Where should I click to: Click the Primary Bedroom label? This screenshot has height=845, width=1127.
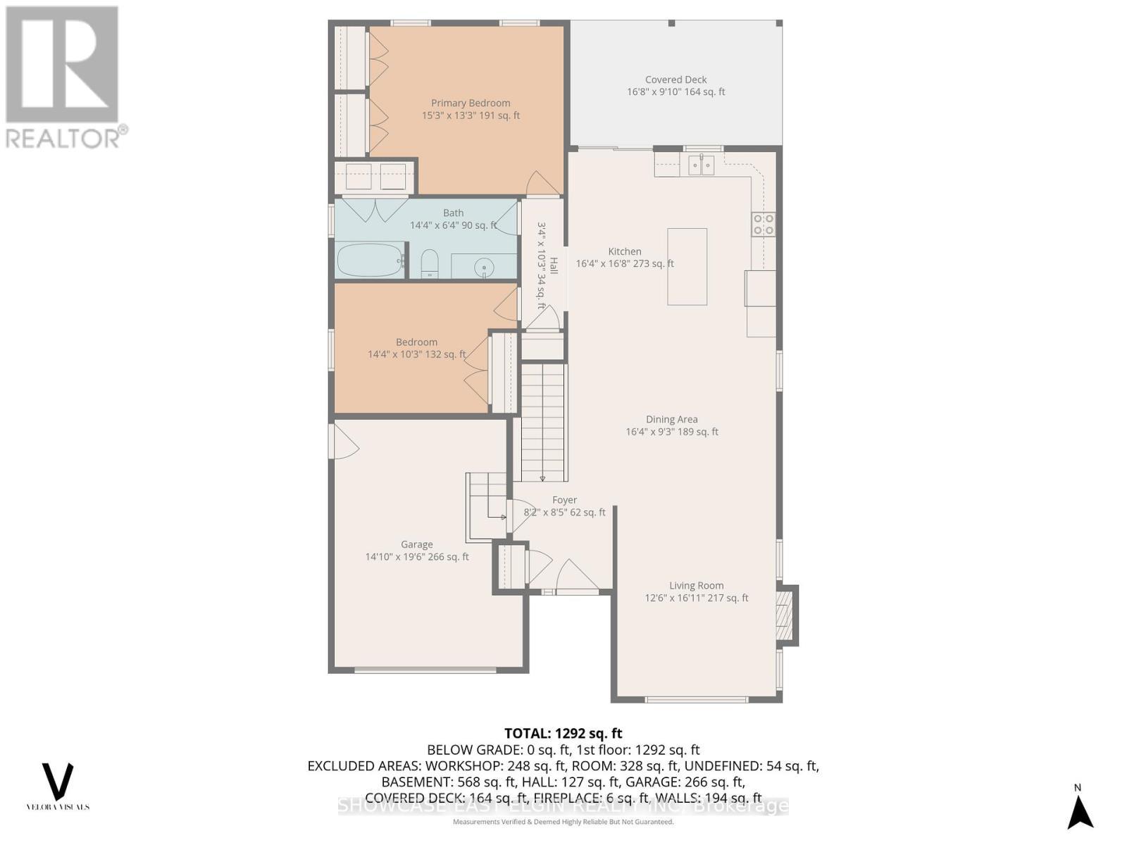click(x=471, y=104)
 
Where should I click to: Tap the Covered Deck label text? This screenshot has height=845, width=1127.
click(x=675, y=80)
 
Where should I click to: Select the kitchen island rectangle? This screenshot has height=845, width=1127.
click(x=687, y=266)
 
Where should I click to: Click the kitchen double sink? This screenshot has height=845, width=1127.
click(x=701, y=165)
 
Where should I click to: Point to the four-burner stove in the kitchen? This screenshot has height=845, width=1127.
click(x=764, y=224)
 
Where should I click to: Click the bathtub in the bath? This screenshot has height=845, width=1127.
click(x=370, y=260)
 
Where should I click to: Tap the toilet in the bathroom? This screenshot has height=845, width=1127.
click(x=429, y=265)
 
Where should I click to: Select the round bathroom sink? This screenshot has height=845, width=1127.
click(x=484, y=267)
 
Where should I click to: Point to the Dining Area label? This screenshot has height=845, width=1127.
click(x=671, y=420)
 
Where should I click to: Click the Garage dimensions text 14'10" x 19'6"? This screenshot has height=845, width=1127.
click(x=416, y=557)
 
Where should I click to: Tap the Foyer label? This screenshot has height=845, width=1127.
click(x=564, y=500)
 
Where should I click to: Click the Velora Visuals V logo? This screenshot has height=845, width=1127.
click(x=58, y=782)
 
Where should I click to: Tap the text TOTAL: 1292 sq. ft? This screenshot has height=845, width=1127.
click(x=563, y=733)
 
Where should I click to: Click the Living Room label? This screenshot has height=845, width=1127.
click(x=696, y=586)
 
